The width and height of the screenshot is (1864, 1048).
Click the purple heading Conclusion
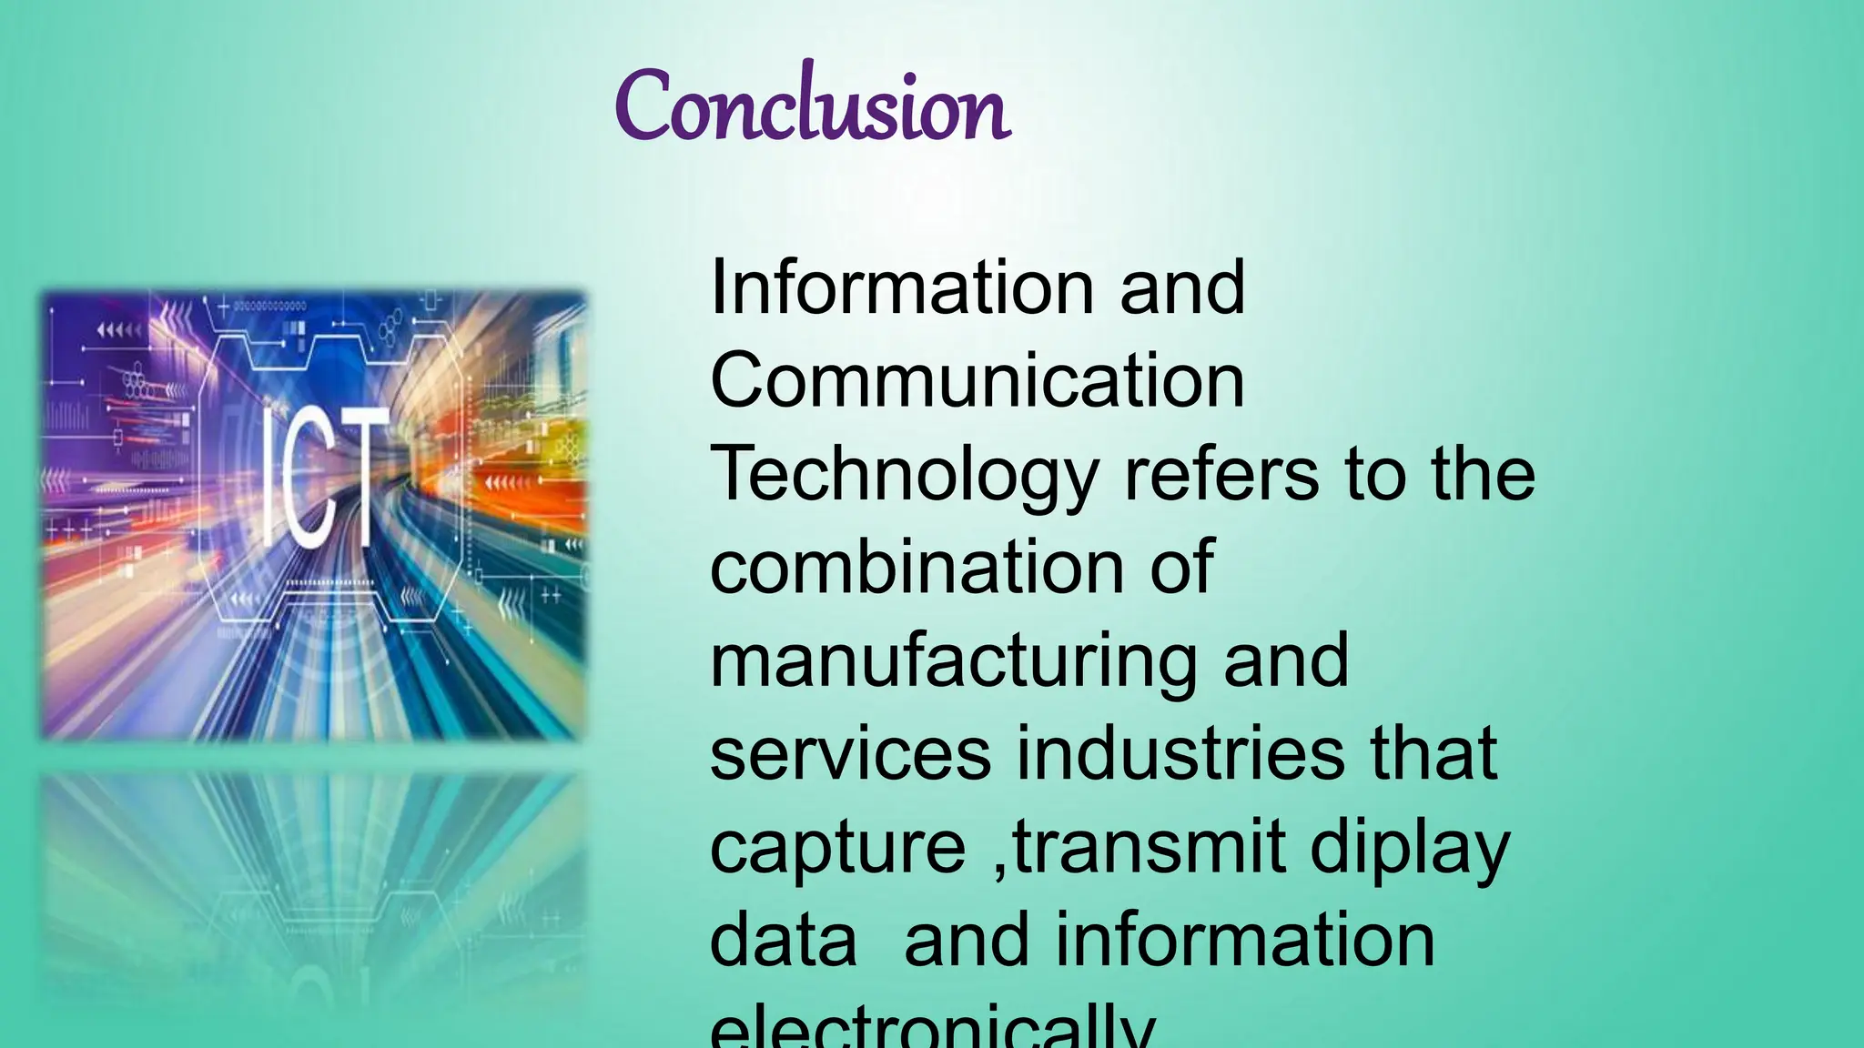pyautogui.click(x=812, y=107)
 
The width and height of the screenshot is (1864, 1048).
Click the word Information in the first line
pyautogui.click(x=901, y=287)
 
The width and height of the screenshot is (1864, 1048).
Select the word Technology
pyautogui.click(x=904, y=475)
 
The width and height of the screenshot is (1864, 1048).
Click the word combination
pyautogui.click(x=916, y=567)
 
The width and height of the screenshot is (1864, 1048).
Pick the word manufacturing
pyautogui.click(x=953, y=661)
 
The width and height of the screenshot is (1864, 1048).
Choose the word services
pyautogui.click(x=850, y=754)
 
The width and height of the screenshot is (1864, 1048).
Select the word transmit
pyautogui.click(x=1150, y=847)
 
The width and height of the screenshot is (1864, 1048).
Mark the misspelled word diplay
pyautogui.click(x=1410, y=849)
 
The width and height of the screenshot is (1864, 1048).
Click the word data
pyautogui.click(x=783, y=941)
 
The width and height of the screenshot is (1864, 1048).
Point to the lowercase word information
pyautogui.click(x=1244, y=941)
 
